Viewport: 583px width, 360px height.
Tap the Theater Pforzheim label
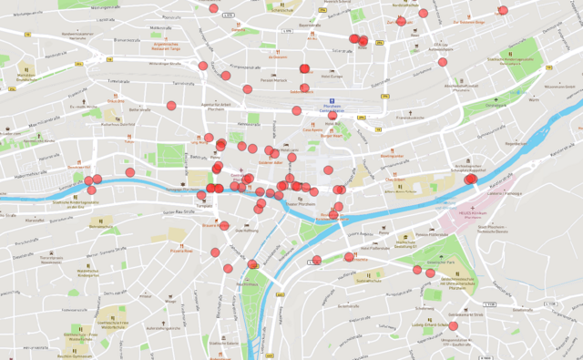[x=301, y=204]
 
